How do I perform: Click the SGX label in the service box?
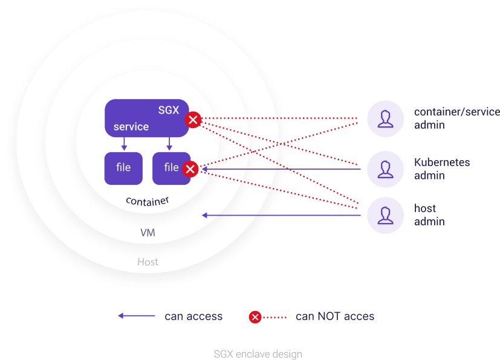pos(169,110)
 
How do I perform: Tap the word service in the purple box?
pos(131,127)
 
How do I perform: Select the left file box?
pos(123,167)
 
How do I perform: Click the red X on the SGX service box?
pos(193,120)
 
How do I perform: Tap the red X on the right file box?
pos(190,169)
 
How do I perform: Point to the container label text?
pos(147,201)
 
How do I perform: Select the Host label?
pos(148,262)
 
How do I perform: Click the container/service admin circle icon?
pos(385,119)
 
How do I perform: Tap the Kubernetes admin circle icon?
pos(385,169)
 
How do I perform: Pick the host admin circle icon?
pos(385,215)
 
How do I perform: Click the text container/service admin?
pos(456,118)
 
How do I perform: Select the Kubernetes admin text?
pos(442,169)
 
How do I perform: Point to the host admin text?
pos(429,215)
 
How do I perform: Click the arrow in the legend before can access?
pos(136,316)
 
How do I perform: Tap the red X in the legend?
pos(255,317)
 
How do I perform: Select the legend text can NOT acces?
pos(335,316)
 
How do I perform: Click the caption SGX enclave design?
pos(258,354)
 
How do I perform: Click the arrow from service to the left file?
pos(124,144)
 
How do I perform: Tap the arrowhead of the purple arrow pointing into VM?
pos(205,215)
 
